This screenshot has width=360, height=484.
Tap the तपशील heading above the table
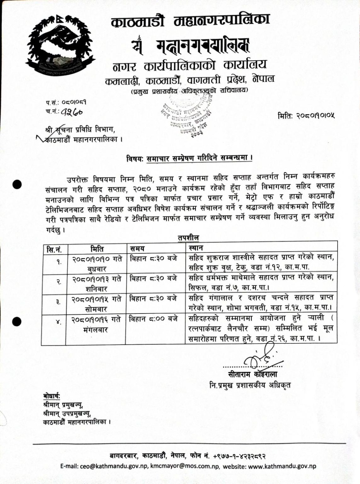pyautogui.click(x=188, y=238)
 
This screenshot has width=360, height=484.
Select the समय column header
pyautogui.click(x=137, y=249)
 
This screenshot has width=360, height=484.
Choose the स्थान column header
pyautogui.click(x=196, y=248)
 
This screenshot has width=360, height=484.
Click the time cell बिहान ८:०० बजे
pyautogui.click(x=154, y=319)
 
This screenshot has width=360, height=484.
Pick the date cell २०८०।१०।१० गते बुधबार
pyautogui.click(x=96, y=264)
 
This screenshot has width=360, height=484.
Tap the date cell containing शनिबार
pyautogui.click(x=96, y=284)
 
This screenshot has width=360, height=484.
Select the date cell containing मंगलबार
pyautogui.click(x=96, y=325)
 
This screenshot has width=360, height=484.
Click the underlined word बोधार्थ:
pyautogui.click(x=52, y=396)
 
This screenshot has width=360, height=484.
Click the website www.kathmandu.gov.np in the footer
pyautogui.click(x=284, y=466)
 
